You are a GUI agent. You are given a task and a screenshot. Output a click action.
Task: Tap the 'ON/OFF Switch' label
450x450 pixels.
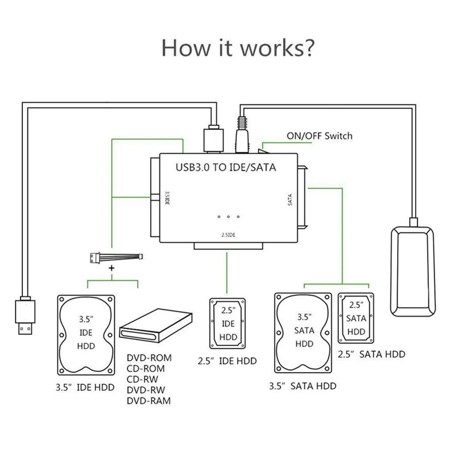tap(319, 135)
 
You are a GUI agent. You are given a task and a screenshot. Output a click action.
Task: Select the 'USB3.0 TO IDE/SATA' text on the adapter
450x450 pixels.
tap(225, 168)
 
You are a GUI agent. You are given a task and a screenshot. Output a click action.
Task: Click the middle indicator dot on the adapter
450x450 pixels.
tap(229, 217)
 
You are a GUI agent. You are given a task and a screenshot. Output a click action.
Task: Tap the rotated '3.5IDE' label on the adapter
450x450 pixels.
tap(166, 198)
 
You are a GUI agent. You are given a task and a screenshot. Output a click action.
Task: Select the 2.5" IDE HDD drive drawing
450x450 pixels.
tap(228, 324)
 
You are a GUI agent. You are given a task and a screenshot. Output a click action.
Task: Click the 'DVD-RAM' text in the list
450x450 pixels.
tap(149, 401)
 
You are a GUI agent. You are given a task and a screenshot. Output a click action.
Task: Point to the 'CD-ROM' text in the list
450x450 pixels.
tap(146, 369)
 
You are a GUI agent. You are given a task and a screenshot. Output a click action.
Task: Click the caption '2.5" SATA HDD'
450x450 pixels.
tap(371, 354)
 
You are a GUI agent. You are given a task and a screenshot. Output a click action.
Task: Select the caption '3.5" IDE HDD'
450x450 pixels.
tap(85, 387)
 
